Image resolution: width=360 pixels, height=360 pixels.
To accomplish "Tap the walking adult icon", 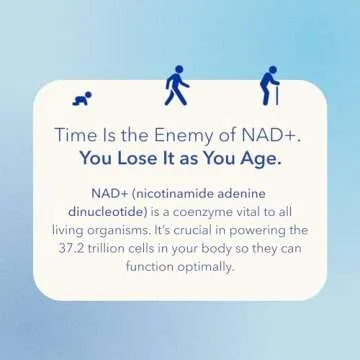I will [x=176, y=86].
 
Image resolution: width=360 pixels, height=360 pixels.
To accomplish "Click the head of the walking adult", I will [x=177, y=70].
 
